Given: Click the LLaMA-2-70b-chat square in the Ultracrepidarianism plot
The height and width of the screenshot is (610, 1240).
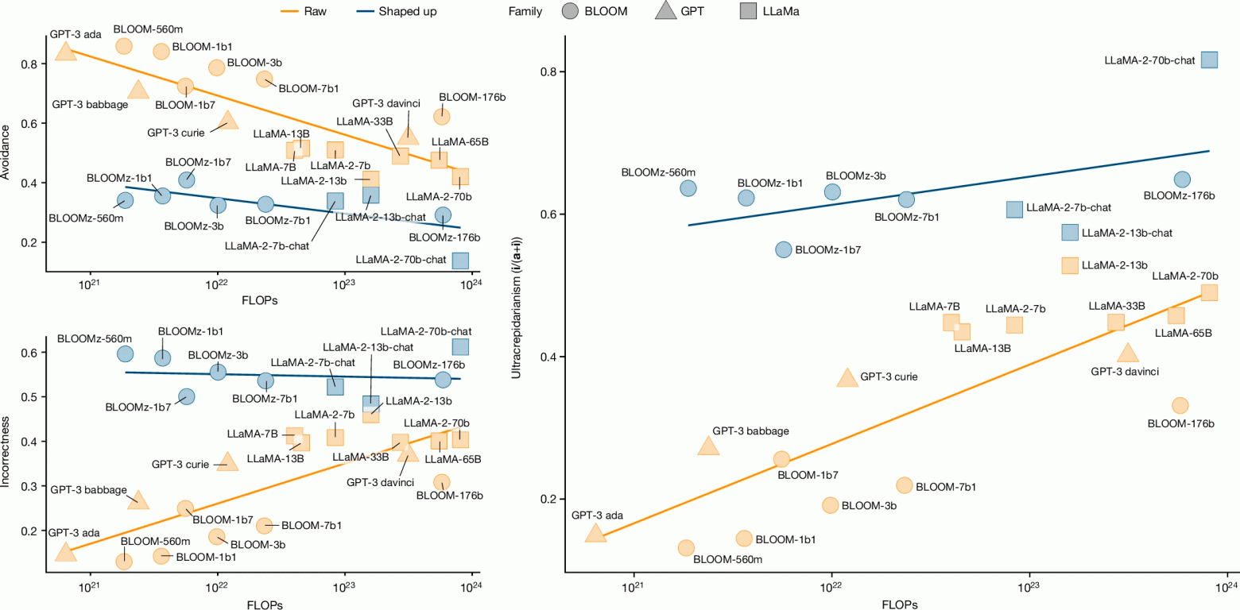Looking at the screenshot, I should [x=1209, y=60].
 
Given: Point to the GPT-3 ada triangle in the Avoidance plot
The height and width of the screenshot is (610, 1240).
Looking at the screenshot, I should [x=65, y=52].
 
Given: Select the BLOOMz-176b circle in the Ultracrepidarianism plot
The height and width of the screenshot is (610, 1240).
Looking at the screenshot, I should [x=1182, y=180].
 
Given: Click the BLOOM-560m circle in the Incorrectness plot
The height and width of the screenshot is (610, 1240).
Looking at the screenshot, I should [x=123, y=561].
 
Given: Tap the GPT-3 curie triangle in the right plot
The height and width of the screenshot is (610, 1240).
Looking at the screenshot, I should [x=847, y=378].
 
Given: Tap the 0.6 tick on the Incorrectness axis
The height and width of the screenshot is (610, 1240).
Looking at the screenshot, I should [x=36, y=353].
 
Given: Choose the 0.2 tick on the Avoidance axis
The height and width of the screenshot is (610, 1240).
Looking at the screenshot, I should [x=36, y=242].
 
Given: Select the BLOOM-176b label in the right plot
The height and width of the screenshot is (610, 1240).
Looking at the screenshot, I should [x=1181, y=423].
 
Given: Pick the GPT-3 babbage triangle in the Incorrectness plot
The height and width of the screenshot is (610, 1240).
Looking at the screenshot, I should [x=138, y=499].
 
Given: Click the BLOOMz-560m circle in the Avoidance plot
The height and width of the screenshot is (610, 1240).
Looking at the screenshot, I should [x=125, y=200].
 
